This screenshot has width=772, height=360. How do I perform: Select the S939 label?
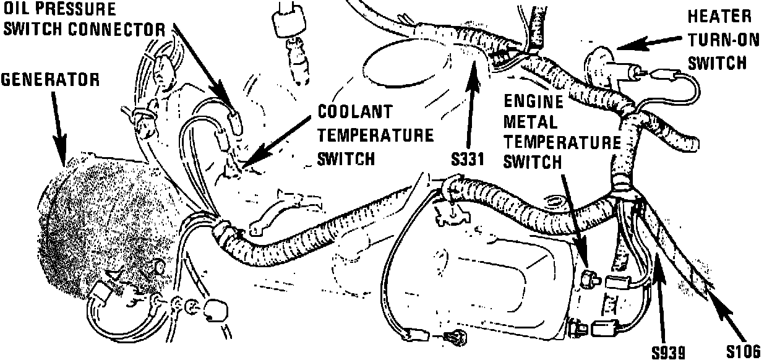point(668,353)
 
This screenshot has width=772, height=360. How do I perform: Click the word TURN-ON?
point(721,38)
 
